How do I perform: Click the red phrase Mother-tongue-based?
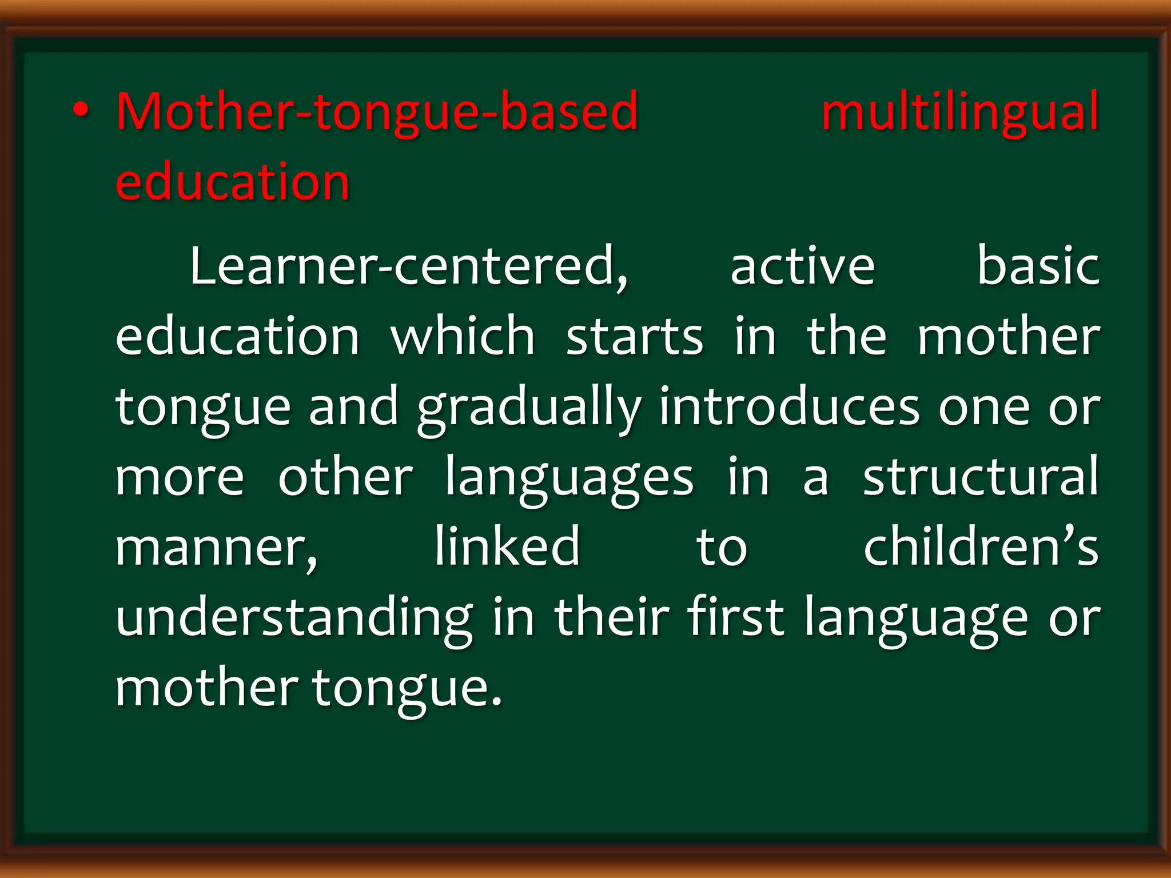[377, 111]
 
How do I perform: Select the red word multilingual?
[960, 111]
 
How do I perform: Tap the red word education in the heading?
[232, 182]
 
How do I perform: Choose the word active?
[802, 266]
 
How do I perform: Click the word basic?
[1037, 266]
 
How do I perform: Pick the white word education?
[237, 337]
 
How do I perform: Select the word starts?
[634, 337]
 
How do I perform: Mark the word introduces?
[789, 407]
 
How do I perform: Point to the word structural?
[981, 477]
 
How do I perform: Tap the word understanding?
[294, 618]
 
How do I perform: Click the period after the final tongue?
[496, 701]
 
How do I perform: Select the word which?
[463, 337]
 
